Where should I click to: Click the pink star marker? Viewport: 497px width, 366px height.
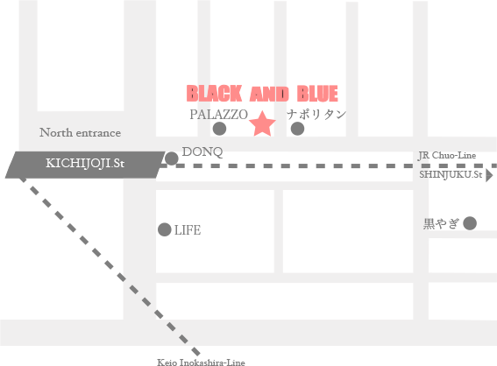[x=262, y=124]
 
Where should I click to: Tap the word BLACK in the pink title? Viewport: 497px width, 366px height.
[x=214, y=94]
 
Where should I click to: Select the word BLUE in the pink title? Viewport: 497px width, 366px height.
[x=317, y=94]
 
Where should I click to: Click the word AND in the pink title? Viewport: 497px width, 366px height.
[x=269, y=94]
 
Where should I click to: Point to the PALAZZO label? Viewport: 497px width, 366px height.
[x=219, y=115]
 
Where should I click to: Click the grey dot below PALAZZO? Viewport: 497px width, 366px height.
[x=219, y=129]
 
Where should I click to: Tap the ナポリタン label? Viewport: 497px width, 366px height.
[x=316, y=115]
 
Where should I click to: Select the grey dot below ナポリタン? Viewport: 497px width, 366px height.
[x=297, y=129]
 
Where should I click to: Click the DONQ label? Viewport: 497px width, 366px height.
[x=202, y=152]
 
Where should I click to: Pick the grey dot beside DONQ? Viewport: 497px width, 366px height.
[x=172, y=158]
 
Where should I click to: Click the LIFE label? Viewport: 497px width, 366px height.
[x=188, y=230]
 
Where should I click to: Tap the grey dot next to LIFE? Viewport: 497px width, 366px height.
[x=165, y=229]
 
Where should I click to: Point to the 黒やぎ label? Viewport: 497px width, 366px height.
[x=441, y=224]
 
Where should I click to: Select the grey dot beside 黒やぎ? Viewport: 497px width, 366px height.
[x=470, y=223]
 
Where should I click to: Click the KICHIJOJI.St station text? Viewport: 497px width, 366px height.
[x=85, y=164]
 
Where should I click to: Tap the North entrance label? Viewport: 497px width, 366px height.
[x=80, y=133]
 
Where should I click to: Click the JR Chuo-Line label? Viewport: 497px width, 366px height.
[x=447, y=156]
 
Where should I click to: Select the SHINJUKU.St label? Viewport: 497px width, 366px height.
[x=451, y=174]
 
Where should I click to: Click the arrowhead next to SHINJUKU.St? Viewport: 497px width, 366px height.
[x=489, y=175]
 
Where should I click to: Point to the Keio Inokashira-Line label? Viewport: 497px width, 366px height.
[x=201, y=362]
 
